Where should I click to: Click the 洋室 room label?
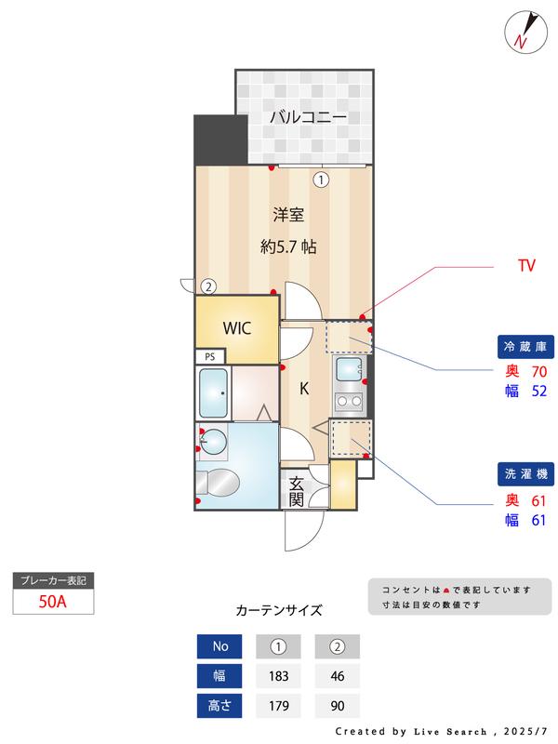[x=288, y=215]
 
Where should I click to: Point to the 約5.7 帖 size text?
[x=288, y=247]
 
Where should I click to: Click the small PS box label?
[x=209, y=356]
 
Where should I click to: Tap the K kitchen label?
[x=304, y=390]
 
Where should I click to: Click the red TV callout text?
[x=526, y=266]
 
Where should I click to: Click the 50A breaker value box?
[x=53, y=601]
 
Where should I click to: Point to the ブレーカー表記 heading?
[x=53, y=580]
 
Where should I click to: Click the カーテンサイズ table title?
[x=279, y=611]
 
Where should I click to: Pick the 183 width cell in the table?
[x=277, y=676]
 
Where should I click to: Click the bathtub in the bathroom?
[x=214, y=393]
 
